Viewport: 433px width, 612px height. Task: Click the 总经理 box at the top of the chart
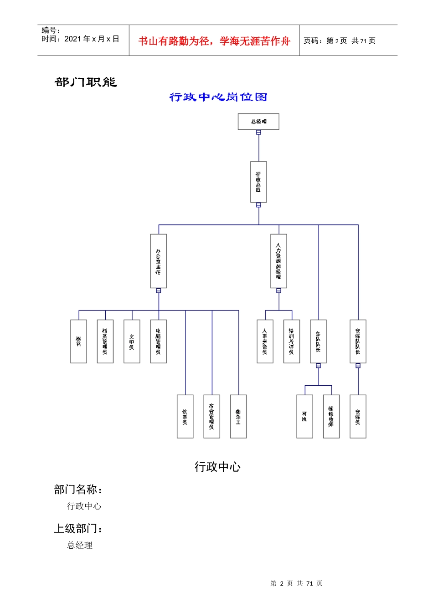[258, 122]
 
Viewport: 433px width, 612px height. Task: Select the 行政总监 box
[258, 182]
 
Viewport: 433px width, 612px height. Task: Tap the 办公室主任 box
[158, 261]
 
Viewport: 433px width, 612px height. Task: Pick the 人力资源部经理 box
[278, 261]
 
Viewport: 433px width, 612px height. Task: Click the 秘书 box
[78, 341]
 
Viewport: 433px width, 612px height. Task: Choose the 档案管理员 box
[105, 341]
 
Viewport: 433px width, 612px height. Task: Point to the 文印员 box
[132, 341]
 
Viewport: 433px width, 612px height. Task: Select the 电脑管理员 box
[158, 341]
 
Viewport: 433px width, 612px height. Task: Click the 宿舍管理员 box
[211, 416]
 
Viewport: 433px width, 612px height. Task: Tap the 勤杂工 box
[238, 416]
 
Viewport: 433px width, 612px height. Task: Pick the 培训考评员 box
[292, 341]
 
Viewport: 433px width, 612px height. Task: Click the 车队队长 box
[318, 341]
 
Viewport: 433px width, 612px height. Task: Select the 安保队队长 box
[358, 341]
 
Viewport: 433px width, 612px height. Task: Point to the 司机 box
[304, 416]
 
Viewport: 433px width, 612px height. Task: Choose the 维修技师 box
[331, 416]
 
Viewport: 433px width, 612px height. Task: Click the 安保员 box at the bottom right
[358, 416]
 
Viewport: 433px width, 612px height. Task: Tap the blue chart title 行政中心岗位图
[218, 97]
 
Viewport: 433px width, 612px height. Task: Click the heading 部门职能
[86, 82]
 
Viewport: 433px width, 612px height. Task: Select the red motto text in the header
[214, 41]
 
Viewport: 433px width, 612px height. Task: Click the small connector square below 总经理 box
[258, 133]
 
